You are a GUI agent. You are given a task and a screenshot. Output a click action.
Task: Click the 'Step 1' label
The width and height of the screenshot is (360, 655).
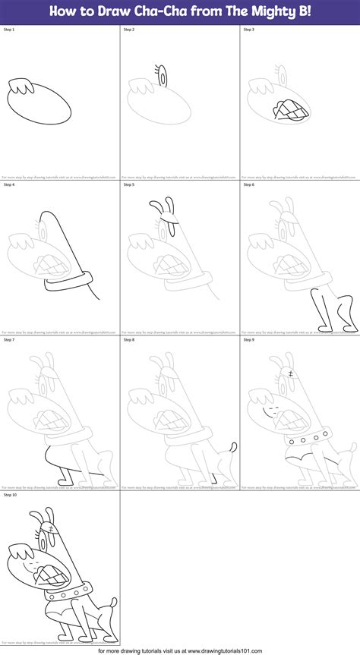click(x=9, y=30)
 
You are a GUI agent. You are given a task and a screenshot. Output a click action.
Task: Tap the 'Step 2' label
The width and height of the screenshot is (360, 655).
click(x=129, y=30)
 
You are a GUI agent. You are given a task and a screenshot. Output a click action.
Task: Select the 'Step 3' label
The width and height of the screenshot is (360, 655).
click(x=248, y=30)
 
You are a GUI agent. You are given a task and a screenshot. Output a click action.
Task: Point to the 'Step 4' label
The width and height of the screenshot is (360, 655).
click(x=9, y=184)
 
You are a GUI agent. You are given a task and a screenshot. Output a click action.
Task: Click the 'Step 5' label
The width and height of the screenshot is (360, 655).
click(x=129, y=184)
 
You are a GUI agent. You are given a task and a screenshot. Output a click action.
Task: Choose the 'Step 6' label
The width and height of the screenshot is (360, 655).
click(x=248, y=184)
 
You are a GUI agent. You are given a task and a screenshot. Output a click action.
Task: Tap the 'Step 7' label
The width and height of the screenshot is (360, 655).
click(x=9, y=339)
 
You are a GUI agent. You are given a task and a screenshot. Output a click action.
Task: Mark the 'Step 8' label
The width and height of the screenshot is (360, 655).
click(x=129, y=339)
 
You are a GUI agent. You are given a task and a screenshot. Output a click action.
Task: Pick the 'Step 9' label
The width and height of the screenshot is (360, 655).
click(x=248, y=339)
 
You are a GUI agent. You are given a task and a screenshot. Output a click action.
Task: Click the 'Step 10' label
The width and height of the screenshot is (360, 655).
click(x=11, y=494)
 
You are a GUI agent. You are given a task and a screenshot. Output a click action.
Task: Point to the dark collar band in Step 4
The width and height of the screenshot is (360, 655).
click(x=64, y=285)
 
